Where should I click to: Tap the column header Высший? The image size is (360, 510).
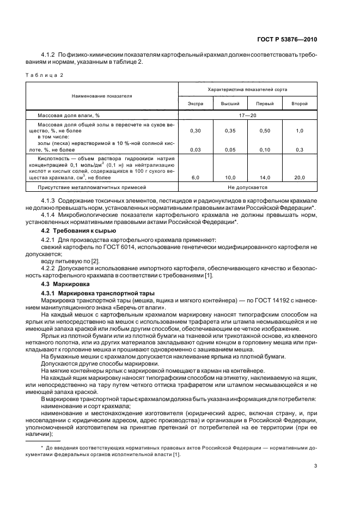click(230, 104)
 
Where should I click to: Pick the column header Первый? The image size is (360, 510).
click(265, 104)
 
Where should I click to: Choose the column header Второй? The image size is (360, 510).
click(300, 104)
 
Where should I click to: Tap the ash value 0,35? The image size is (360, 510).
click(230, 131)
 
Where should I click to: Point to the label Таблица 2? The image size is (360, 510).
click(44, 76)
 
